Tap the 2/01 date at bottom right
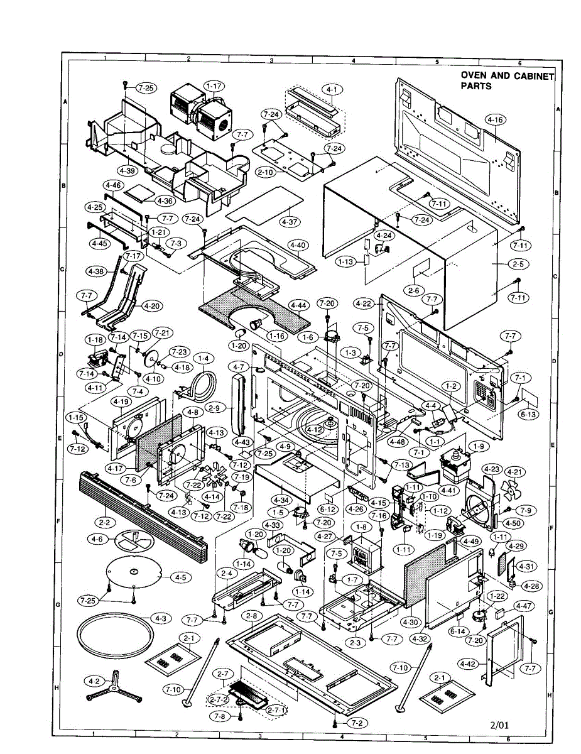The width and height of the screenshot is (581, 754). tap(500, 724)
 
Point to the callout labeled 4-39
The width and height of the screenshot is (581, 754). tap(128, 170)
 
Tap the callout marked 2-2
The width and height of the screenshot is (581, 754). tap(104, 522)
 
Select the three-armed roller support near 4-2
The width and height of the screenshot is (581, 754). tap(114, 687)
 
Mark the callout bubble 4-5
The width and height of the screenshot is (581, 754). tap(180, 577)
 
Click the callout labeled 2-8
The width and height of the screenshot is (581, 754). tap(252, 615)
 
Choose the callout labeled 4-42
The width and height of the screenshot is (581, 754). tap(467, 664)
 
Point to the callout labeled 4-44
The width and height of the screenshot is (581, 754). tap(298, 305)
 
